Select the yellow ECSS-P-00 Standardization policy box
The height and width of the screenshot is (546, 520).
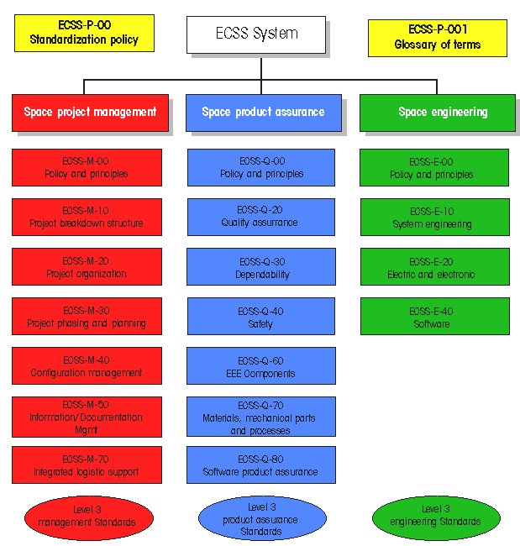click(84, 33)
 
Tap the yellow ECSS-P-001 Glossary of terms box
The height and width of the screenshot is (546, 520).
click(437, 38)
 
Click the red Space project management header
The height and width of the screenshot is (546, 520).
click(90, 112)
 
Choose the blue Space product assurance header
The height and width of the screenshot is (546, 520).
click(263, 113)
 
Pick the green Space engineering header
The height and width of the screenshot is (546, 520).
click(437, 113)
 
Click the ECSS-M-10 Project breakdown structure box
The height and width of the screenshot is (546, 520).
click(87, 217)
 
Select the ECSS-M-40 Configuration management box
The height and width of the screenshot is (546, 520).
click(87, 366)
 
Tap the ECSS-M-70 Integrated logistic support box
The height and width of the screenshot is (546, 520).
click(87, 465)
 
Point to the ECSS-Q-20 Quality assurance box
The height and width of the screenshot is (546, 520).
click(260, 217)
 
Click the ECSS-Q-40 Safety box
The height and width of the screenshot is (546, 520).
click(260, 317)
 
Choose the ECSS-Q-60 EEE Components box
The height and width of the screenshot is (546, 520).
click(260, 366)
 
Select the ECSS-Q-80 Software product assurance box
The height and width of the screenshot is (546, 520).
click(260, 465)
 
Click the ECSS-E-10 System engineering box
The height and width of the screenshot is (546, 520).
click(433, 218)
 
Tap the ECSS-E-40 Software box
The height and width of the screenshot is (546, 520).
click(433, 317)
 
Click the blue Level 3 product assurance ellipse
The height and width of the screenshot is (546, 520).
click(261, 519)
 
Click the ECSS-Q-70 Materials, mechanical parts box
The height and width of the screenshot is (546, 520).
click(260, 417)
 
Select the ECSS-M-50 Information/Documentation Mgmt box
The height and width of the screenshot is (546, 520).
click(87, 417)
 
